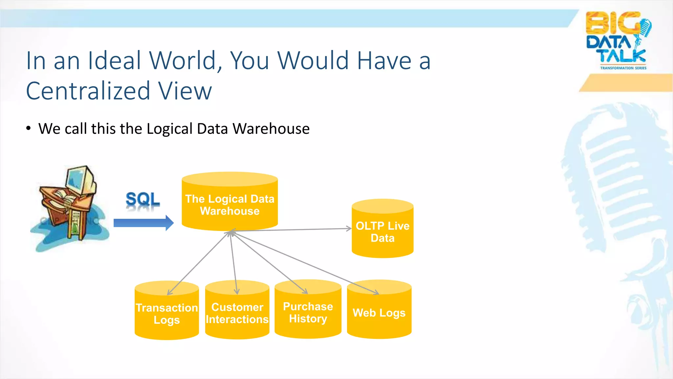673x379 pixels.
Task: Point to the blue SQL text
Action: (143, 199)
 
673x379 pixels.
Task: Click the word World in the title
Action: (186, 61)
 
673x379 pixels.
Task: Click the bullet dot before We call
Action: (29, 128)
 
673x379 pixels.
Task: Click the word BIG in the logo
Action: (613, 23)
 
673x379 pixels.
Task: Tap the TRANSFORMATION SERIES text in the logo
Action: (623, 68)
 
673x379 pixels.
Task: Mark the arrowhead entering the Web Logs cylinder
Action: (377, 292)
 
